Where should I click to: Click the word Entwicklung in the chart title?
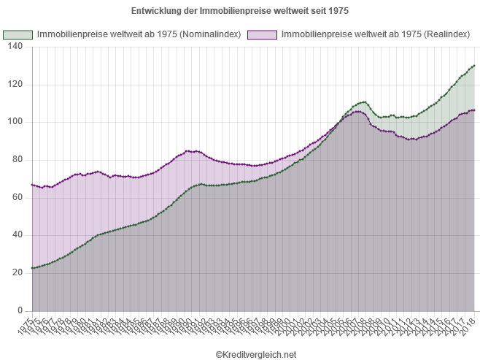point(154,12)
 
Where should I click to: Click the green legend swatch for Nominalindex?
point(18,35)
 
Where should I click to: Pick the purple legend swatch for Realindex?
point(263,35)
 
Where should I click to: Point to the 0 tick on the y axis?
point(21,310)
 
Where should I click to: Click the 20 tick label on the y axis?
point(18,272)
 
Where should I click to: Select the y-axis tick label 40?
point(18,234)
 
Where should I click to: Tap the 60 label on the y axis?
point(18,196)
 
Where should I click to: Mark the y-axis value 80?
point(18,159)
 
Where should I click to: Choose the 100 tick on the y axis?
point(16,121)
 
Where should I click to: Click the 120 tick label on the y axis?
point(16,83)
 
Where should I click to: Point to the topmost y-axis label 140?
point(16,46)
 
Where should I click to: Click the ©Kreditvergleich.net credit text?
point(256,353)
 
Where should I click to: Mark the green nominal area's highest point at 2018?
point(474,66)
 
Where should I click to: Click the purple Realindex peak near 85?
point(189,150)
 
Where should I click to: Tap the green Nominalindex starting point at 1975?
point(33,268)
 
